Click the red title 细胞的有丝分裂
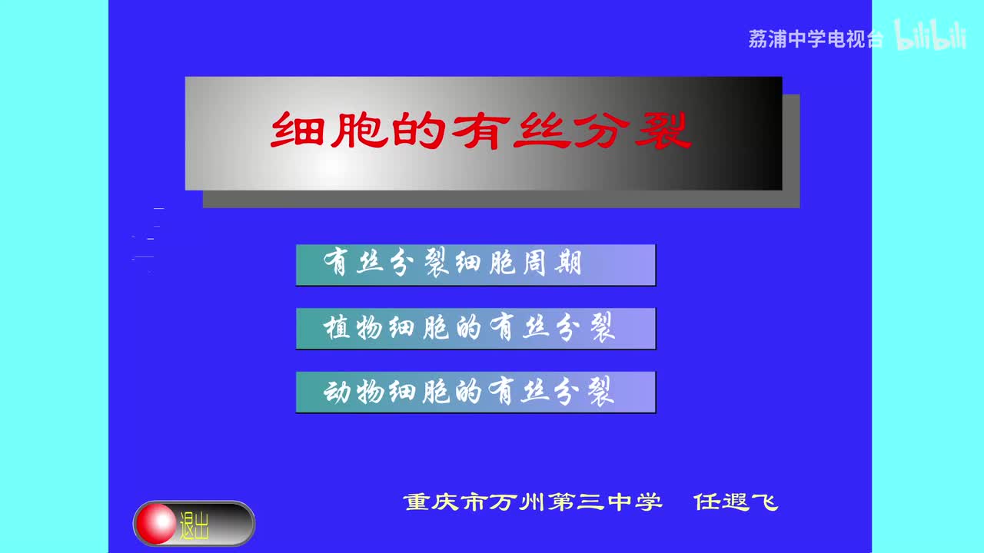click(x=481, y=131)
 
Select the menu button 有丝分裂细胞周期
click(x=475, y=264)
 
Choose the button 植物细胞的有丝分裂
click(x=475, y=329)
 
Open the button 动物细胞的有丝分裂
click(x=475, y=392)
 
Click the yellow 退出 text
click(x=194, y=526)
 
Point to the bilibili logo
click(x=930, y=36)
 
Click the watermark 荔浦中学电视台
click(x=816, y=39)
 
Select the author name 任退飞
click(x=736, y=502)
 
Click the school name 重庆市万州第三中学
click(x=532, y=502)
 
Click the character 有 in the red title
click(x=481, y=131)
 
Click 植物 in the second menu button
click(x=354, y=329)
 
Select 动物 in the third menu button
click(x=354, y=392)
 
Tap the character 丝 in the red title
click(x=542, y=131)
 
